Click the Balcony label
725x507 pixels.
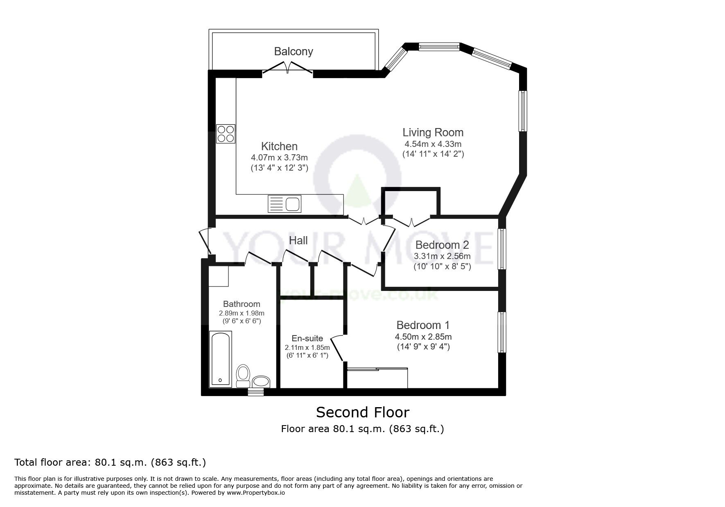click(294, 52)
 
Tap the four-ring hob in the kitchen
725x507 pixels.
click(226, 133)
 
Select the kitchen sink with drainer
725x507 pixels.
click(285, 204)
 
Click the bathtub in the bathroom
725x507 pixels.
click(220, 359)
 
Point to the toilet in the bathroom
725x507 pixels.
click(243, 376)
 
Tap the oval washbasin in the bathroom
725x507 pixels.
click(261, 382)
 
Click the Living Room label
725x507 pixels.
click(433, 133)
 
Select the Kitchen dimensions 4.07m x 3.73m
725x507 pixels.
click(279, 157)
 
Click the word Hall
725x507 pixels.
click(298, 241)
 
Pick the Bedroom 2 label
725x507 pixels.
click(442, 245)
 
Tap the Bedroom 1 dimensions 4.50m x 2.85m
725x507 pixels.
click(423, 337)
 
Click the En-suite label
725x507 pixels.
click(307, 338)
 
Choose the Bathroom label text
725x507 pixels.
click(242, 304)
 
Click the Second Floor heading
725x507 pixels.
click(363, 412)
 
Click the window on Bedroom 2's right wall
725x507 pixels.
click(502, 249)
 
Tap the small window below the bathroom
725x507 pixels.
click(256, 392)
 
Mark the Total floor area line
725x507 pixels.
click(110, 463)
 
